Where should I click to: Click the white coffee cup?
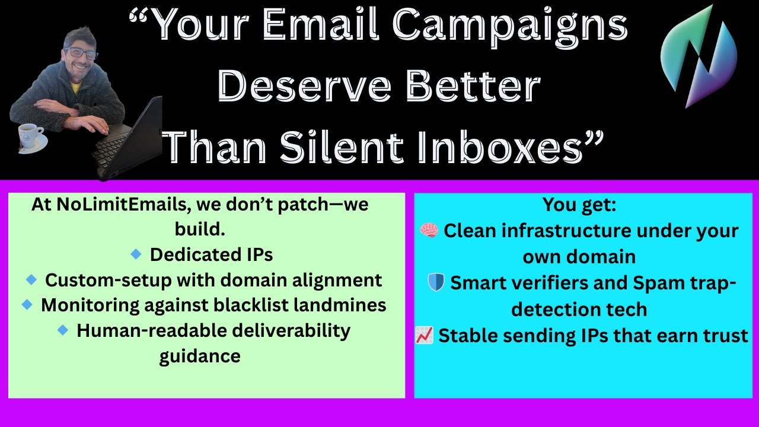point(29,136)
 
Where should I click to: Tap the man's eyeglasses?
point(81,53)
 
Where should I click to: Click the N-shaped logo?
point(699,56)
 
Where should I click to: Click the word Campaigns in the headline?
point(510,27)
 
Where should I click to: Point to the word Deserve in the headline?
point(304,85)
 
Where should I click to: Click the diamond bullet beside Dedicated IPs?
point(136,254)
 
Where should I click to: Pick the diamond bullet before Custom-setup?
point(31,279)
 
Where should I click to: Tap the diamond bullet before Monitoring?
point(27,304)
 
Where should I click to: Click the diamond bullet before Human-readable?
point(63,330)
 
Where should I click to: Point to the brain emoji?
point(429,231)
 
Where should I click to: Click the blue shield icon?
point(436,282)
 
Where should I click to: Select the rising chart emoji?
point(425,335)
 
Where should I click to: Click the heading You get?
point(579,205)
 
